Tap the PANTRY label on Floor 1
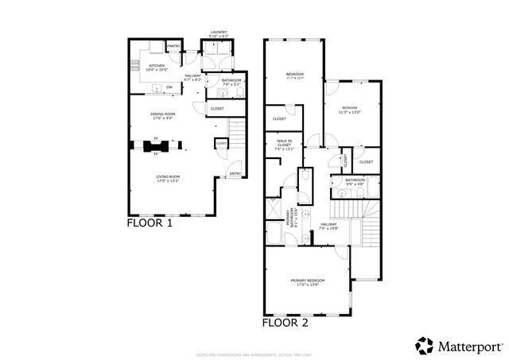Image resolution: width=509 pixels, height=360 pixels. [173, 46]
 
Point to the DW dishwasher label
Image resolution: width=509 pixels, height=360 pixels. [169, 87]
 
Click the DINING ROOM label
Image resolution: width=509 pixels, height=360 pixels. [162, 114]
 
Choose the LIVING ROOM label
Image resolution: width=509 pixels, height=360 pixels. [168, 176]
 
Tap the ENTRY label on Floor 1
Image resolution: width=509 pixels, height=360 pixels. [235, 173]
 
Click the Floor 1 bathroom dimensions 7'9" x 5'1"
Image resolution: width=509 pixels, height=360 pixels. [231, 84]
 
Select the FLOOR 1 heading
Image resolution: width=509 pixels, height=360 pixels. [150, 223]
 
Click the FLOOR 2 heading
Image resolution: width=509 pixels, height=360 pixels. [286, 323]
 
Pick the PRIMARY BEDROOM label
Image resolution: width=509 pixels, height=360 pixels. [306, 280]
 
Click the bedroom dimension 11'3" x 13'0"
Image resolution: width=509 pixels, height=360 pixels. [350, 112]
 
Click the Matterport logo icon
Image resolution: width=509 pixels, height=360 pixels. [425, 346]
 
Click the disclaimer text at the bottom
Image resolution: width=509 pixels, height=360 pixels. [254, 354]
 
